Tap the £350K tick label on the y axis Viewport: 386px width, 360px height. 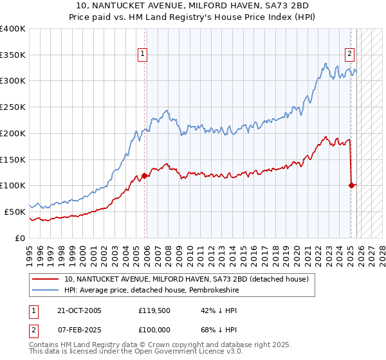(13, 55)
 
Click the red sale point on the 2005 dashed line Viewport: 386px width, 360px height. (144, 175)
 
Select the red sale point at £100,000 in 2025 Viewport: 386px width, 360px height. (352, 185)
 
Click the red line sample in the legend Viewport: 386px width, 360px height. (46, 279)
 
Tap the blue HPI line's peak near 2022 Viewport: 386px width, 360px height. (327, 64)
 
